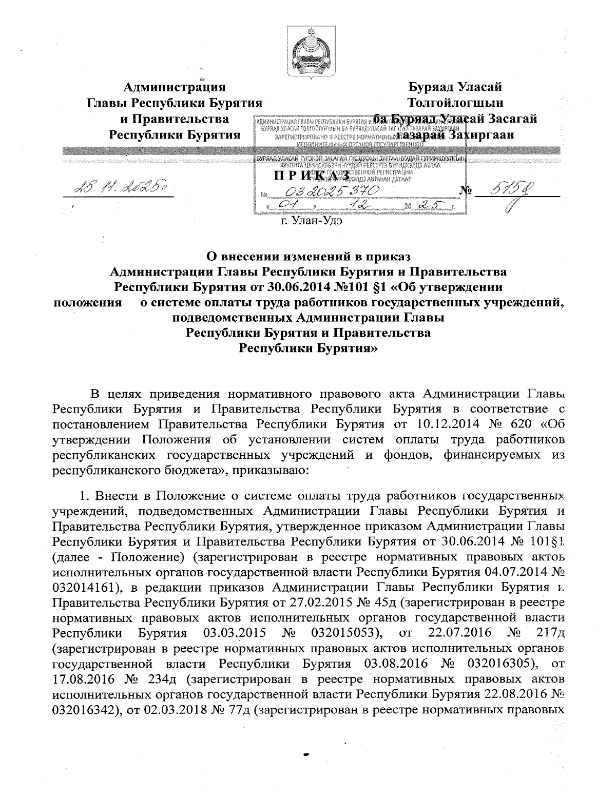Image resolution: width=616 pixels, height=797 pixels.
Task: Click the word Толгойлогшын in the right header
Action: pyautogui.click(x=455, y=103)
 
